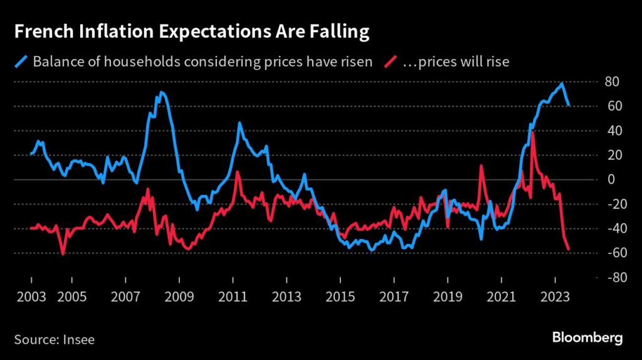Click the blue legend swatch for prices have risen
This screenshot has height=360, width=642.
[x=21, y=61]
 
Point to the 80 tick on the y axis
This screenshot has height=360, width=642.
[x=612, y=82]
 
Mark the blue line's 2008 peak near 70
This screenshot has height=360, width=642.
[x=162, y=93]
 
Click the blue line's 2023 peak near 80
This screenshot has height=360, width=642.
[x=562, y=83]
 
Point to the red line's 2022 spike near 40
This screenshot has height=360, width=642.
[x=532, y=133]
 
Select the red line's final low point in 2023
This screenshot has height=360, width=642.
[x=569, y=250]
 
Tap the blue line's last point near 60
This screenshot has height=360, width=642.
[x=569, y=105]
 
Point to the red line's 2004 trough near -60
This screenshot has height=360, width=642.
[x=63, y=253]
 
